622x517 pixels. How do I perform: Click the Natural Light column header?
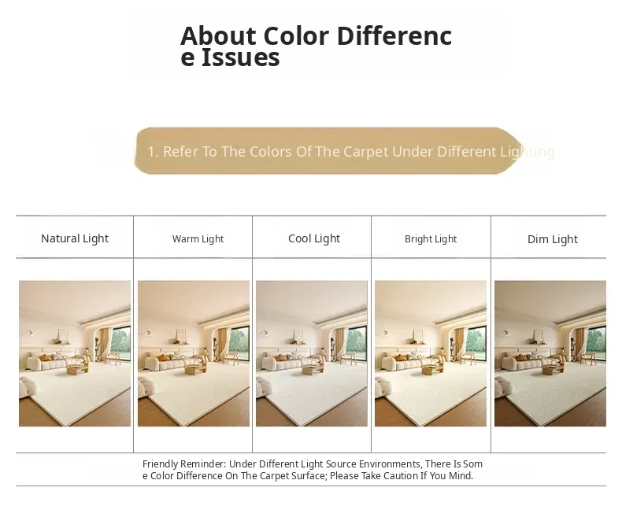click(x=75, y=238)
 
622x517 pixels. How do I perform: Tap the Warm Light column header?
click(x=198, y=238)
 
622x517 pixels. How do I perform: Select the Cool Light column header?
click(x=314, y=238)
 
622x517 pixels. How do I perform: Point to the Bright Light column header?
click(x=431, y=238)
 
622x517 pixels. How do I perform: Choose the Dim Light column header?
click(x=553, y=239)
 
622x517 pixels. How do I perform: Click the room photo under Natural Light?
click(x=75, y=353)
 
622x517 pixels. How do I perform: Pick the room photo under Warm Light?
click(x=194, y=353)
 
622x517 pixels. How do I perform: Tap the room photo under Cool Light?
click(x=312, y=353)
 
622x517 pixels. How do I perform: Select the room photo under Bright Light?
click(x=431, y=353)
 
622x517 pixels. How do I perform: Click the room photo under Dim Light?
click(x=550, y=353)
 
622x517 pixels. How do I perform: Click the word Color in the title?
click(x=296, y=35)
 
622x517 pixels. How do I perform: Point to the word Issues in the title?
click(x=241, y=57)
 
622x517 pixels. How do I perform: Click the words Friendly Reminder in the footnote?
click(x=184, y=463)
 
